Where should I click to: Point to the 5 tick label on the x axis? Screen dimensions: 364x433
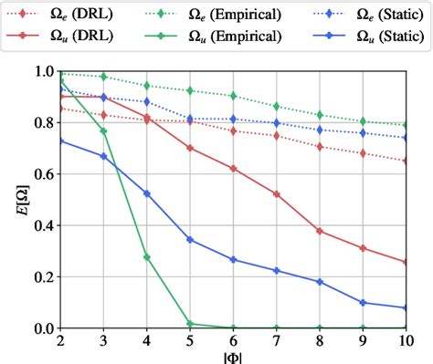click(189, 339)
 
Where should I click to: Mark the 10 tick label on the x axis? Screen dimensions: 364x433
click(406, 339)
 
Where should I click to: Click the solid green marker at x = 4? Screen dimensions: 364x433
click(146, 257)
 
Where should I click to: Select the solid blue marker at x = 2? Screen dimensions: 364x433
click(60, 140)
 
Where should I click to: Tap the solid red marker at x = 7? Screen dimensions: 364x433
click(276, 194)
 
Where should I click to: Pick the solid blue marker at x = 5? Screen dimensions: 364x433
click(189, 239)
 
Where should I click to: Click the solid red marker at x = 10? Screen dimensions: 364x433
click(406, 262)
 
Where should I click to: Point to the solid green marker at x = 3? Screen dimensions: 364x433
click(103, 130)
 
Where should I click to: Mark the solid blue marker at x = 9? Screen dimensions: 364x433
click(363, 302)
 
